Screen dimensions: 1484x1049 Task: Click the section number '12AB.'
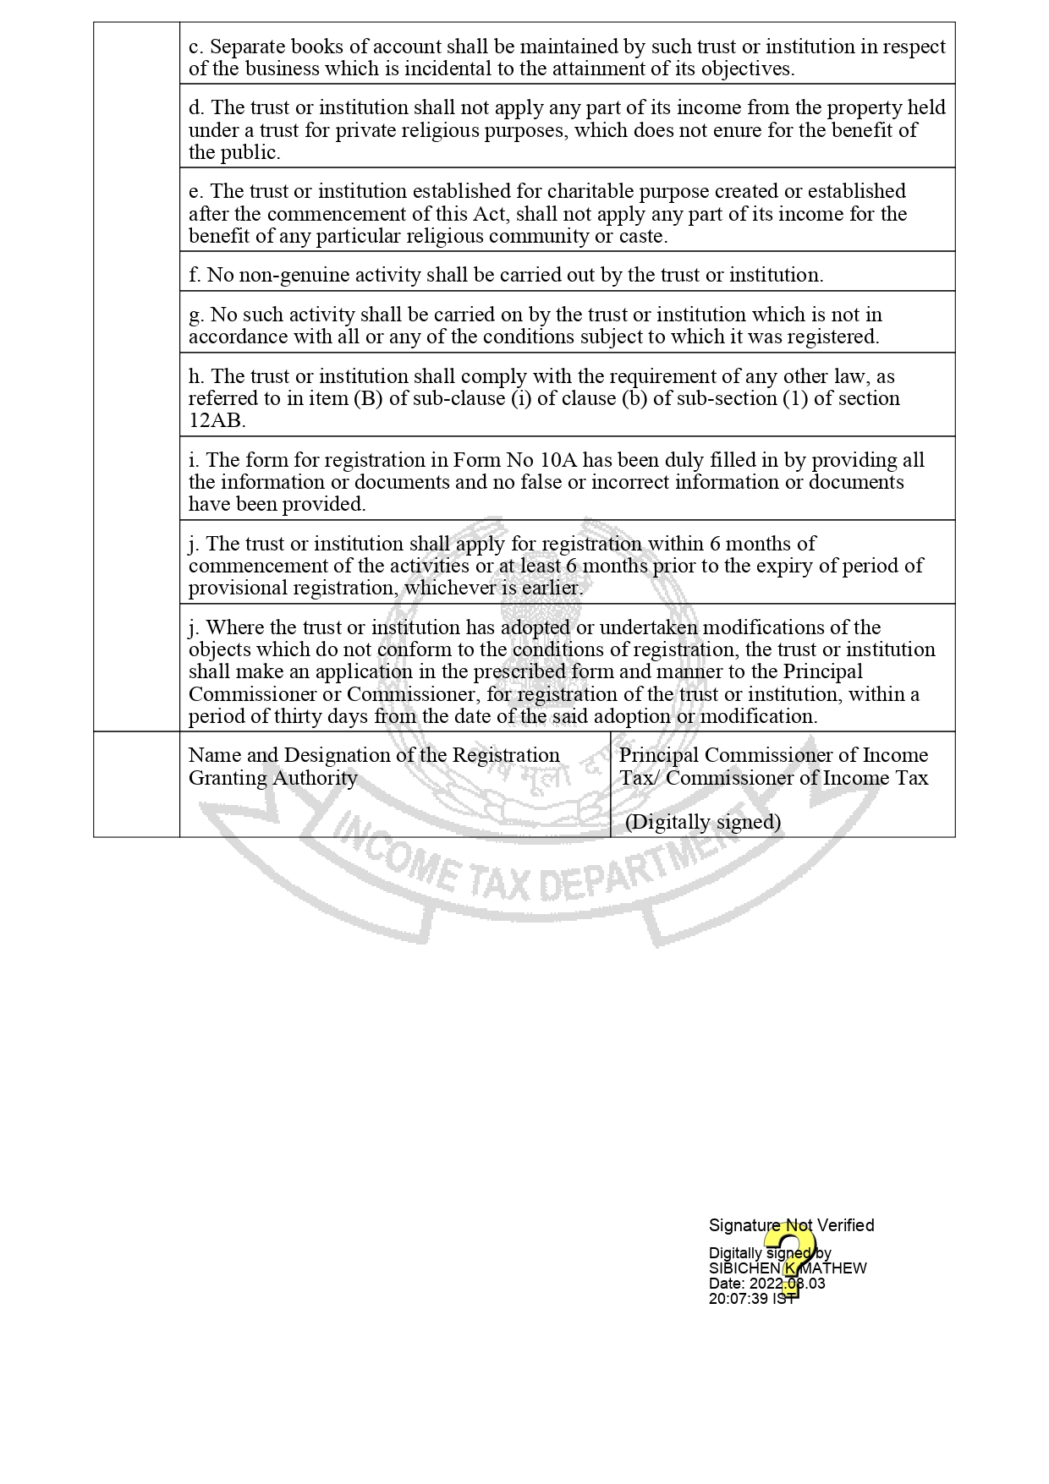[217, 421]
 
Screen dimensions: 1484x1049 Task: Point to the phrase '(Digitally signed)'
[702, 822]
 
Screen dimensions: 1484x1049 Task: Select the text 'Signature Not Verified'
[791, 1225]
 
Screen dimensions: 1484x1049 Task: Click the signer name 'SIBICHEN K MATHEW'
[787, 1268]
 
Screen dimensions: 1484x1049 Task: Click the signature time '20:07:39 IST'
[751, 1299]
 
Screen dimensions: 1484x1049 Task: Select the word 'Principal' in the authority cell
[659, 756]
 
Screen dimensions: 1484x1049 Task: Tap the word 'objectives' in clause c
[744, 69]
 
